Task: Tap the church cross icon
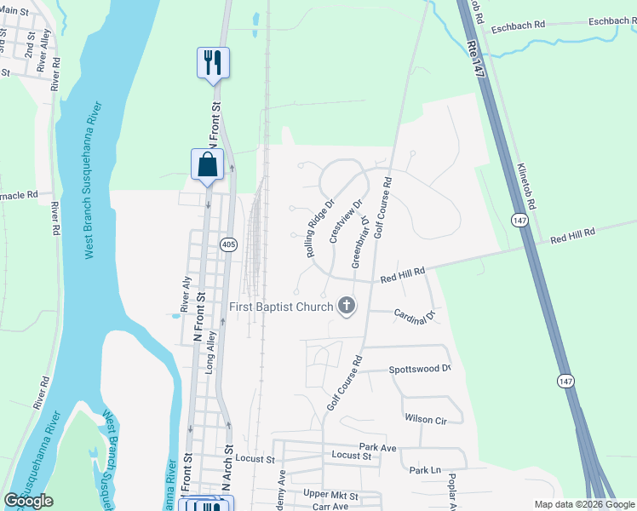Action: coord(347,306)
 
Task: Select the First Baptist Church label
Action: coord(280,306)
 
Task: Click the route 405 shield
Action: coord(227,244)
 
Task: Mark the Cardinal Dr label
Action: coord(415,315)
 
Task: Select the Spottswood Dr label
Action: coord(419,369)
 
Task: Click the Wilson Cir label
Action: coord(426,419)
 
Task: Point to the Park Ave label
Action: coord(377,447)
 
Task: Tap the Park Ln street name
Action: coord(425,470)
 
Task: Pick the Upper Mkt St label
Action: coord(330,495)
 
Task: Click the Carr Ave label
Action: coord(330,506)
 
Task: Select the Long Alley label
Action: coord(211,348)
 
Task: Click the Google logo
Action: coord(28,501)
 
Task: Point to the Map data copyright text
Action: coord(583,504)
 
